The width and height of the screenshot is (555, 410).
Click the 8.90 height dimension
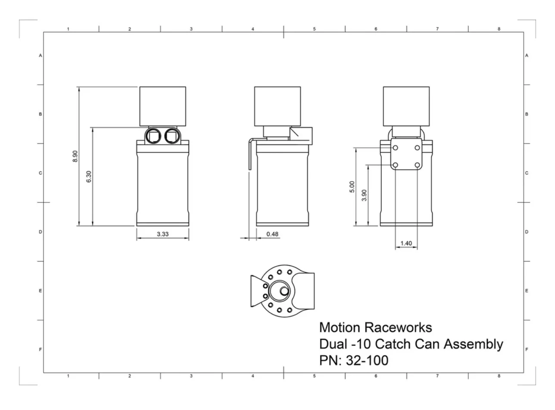tap(75, 155)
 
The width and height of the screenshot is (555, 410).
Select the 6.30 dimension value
tap(89, 177)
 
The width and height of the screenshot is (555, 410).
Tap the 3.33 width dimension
tap(162, 234)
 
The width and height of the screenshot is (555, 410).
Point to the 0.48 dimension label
tap(272, 234)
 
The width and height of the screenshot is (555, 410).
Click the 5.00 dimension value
tap(352, 186)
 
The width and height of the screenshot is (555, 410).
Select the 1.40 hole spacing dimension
tap(406, 243)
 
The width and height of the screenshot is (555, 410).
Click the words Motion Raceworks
tap(375, 328)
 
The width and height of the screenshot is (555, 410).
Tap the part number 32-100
tap(367, 360)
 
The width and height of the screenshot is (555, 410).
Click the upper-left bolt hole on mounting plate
tap(395, 148)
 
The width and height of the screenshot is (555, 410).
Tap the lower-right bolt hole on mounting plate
tap(417, 165)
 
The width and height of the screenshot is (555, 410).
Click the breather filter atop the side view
tap(277, 106)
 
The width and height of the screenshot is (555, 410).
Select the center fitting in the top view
tap(284, 292)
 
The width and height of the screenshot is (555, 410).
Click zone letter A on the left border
tap(40, 56)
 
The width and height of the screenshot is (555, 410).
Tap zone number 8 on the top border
tap(499, 29)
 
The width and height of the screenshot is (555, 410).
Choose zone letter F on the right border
tap(527, 349)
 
